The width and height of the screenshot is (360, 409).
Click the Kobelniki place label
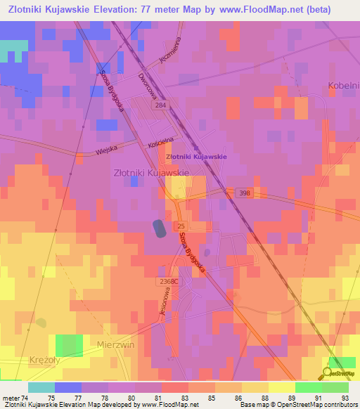coord(344,86)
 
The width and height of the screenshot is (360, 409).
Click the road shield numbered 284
coord(180,105)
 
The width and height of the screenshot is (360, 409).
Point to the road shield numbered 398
coord(244,193)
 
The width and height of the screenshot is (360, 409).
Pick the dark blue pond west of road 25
coord(160,228)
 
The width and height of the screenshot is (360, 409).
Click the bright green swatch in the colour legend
coord(309,387)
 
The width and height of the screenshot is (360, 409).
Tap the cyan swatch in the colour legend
coord(41,387)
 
